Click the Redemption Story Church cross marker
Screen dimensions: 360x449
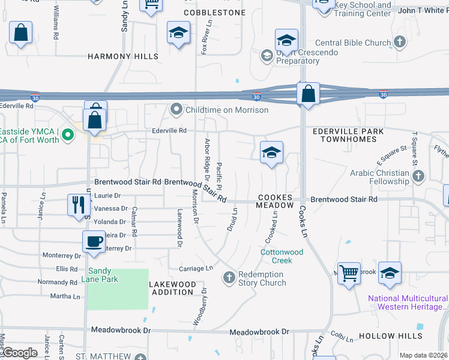click(x=228, y=278)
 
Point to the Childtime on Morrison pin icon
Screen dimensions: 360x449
click(x=176, y=109)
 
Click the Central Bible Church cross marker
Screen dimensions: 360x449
click(x=400, y=43)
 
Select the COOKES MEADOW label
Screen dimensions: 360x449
click(x=275, y=202)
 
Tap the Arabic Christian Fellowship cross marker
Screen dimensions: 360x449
click(x=418, y=176)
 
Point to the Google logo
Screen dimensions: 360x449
click(x=19, y=353)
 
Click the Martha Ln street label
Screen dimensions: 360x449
click(x=65, y=296)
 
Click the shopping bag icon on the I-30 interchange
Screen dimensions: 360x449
click(x=308, y=94)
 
